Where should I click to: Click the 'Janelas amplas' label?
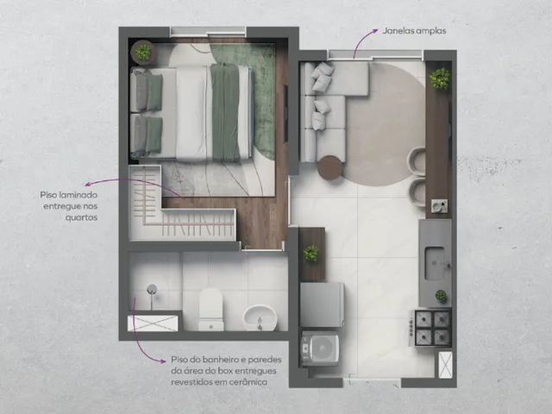414,31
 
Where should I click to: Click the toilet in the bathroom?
210,310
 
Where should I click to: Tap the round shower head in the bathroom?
152,289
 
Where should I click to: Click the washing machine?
320,348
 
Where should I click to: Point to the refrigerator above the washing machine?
322,304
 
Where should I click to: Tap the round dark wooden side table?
329,168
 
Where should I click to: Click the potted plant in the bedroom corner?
143,52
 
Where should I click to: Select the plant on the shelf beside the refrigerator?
311,253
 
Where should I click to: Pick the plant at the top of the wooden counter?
440,78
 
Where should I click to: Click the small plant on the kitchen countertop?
441,296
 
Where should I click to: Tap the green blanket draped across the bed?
226,112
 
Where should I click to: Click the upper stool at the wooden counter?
417,160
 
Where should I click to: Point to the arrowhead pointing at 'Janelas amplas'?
375,31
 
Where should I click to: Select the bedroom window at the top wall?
208,32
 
